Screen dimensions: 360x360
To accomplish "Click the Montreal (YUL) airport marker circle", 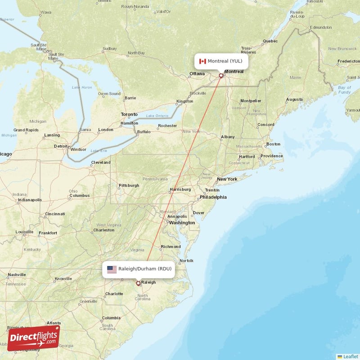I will pyautogui.click(x=220, y=76).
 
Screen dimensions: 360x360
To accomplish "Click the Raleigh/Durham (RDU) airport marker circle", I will pyautogui.click(x=138, y=283).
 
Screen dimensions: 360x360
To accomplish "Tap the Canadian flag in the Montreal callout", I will pyautogui.click(x=202, y=61).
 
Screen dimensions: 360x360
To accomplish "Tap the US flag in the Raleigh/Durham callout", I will pyautogui.click(x=112, y=269).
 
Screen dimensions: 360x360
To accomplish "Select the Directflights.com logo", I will pyautogui.click(x=33, y=338).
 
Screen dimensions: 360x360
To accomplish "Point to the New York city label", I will pyautogui.click(x=227, y=179).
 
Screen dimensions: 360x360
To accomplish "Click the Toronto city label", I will pyautogui.click(x=129, y=114).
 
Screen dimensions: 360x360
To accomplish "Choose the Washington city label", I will pyautogui.click(x=182, y=223).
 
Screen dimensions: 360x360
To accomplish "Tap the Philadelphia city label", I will pyautogui.click(x=213, y=197).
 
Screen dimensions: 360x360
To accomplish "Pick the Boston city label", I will pyautogui.click(x=273, y=144).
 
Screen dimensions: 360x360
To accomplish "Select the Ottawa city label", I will pyautogui.click(x=197, y=73).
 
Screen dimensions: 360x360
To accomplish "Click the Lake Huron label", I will pyautogui.click(x=81, y=87).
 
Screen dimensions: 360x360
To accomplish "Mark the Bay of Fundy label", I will pyautogui.click(x=344, y=90).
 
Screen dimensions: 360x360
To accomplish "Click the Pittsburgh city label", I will pyautogui.click(x=128, y=185).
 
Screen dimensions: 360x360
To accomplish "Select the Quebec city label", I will pyautogui.click(x=270, y=41).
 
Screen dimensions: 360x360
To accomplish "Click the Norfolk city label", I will pyautogui.click(x=186, y=261).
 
